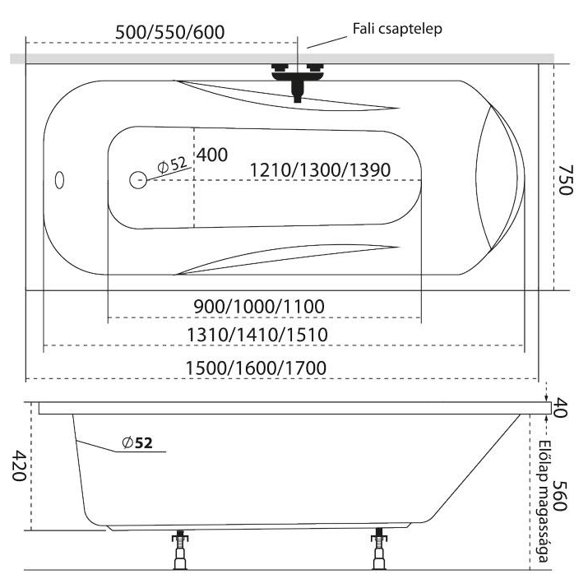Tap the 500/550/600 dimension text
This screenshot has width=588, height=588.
169,30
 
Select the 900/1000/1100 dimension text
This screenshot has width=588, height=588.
259,306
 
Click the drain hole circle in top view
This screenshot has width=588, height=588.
137,178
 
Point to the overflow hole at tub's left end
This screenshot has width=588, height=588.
58,178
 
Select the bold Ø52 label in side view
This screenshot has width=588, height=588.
137,443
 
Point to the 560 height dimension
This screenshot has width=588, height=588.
563,496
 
